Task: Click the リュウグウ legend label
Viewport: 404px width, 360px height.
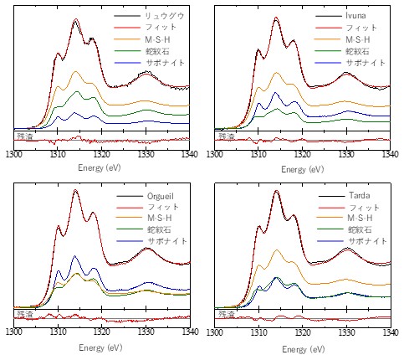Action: click(165, 16)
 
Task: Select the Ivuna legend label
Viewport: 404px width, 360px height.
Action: click(355, 16)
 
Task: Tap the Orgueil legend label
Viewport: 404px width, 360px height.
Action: click(161, 196)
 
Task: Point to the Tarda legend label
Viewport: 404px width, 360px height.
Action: click(359, 195)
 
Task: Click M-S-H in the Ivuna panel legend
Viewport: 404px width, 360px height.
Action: click(358, 39)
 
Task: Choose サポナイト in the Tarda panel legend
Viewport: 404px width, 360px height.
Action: click(367, 241)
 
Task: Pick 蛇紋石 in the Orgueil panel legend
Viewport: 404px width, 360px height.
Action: click(159, 229)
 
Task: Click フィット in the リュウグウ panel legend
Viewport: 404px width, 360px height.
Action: click(161, 28)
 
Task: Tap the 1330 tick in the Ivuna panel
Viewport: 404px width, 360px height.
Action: click(346, 154)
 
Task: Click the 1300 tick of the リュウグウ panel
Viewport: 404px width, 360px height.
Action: click(13, 154)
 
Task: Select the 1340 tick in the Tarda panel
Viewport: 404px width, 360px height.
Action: click(390, 332)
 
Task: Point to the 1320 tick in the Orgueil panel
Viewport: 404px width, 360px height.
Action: click(102, 332)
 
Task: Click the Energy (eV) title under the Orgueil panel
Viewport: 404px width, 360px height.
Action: click(100, 347)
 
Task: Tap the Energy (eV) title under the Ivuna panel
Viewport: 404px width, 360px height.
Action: click(303, 169)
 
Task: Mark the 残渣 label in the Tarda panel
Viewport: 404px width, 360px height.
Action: click(227, 314)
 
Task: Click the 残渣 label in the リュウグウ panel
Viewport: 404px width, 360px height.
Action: click(25, 136)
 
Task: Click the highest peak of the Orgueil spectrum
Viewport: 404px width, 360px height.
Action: click(75, 190)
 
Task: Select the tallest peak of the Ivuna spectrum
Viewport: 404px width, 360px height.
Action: click(276, 18)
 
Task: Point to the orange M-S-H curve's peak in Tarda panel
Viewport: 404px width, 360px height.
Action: click(277, 250)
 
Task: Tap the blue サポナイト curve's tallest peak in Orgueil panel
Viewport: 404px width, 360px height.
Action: click(74, 255)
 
